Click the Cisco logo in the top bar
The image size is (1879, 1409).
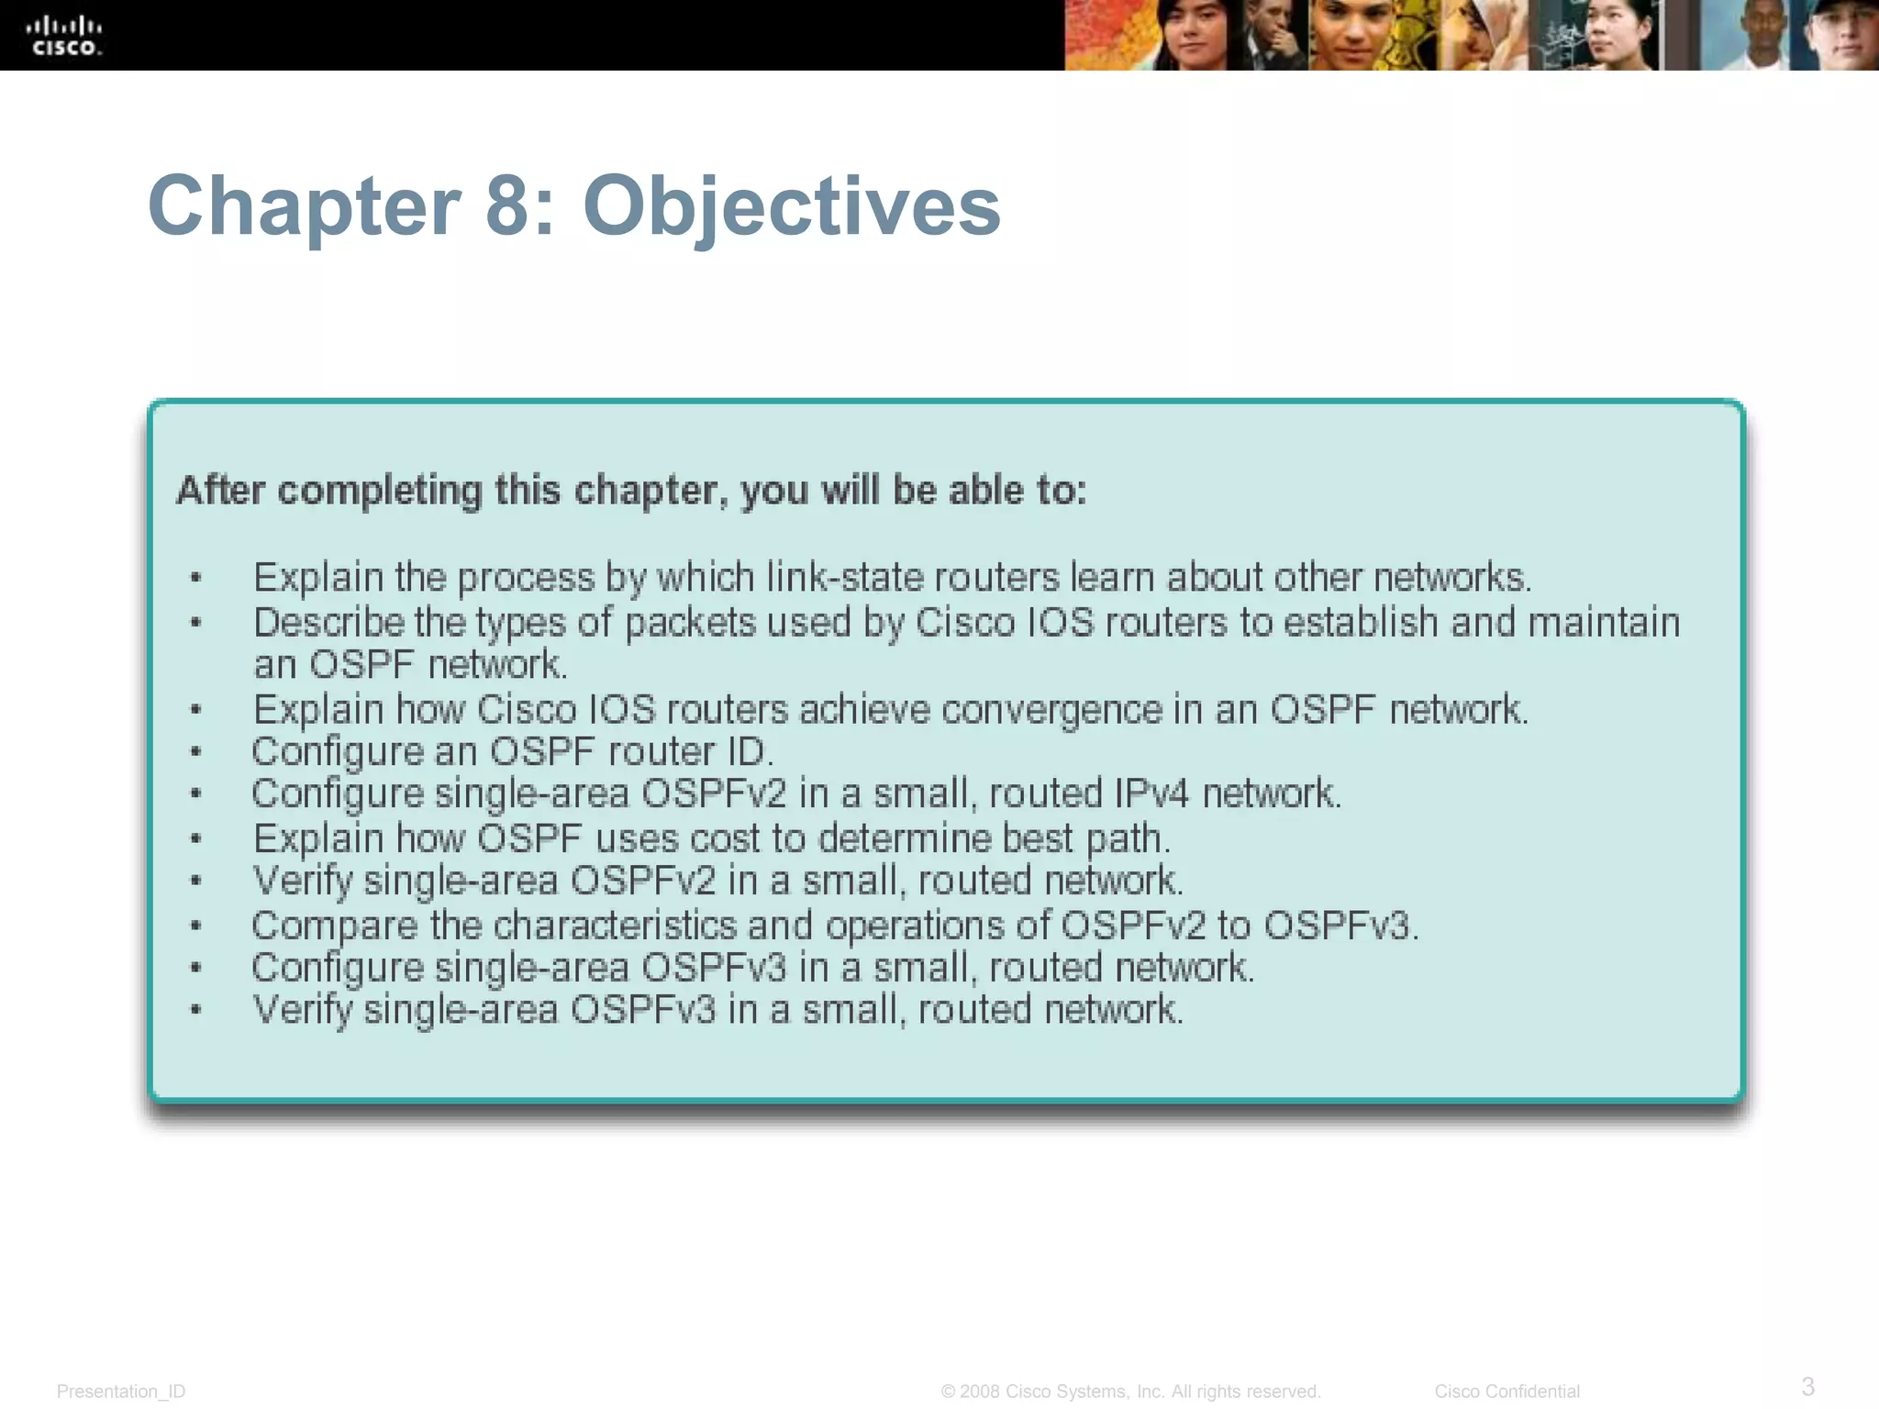click(x=63, y=37)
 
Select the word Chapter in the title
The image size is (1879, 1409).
click(x=304, y=207)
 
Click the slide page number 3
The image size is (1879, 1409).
click(x=1807, y=1386)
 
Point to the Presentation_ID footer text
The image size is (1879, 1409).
click(x=121, y=1392)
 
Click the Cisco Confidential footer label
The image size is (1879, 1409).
click(x=1507, y=1392)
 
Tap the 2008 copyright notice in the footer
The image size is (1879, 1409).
click(x=1130, y=1392)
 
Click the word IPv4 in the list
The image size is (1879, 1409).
click(x=1151, y=793)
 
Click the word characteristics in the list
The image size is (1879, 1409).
click(x=615, y=926)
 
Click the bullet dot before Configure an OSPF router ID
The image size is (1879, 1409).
click(x=195, y=752)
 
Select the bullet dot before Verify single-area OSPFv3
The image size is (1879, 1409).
click(x=195, y=1010)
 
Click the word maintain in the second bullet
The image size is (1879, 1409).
click(x=1603, y=623)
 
